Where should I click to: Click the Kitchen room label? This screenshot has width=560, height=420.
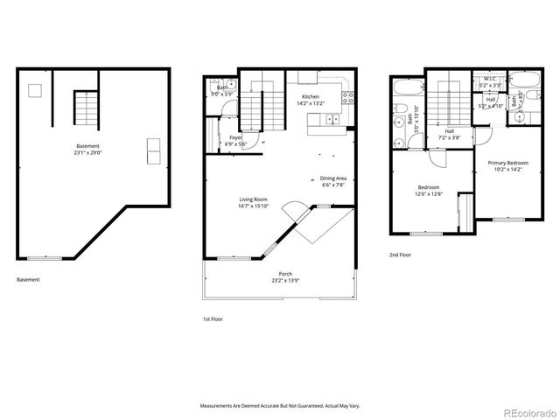pos(311,96)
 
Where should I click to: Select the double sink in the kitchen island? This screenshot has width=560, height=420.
pos(332,120)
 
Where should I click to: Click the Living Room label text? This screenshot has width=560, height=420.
pos(254,199)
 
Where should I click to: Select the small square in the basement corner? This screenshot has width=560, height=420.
pos(35,89)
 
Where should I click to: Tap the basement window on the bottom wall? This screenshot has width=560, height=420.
pos(45,257)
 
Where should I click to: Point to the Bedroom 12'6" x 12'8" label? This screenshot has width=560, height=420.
pos(429,190)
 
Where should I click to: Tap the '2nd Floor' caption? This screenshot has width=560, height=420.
pos(402,255)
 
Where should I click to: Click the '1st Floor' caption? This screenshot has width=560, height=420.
pos(212,319)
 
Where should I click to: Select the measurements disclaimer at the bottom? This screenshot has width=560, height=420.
pos(280,405)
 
